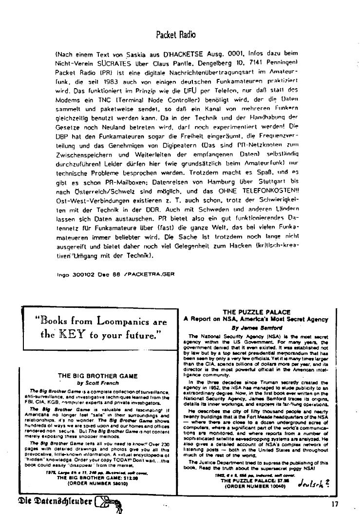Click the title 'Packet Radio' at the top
coord(176,34)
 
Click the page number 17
coord(334,504)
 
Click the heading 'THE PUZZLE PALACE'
coord(256,312)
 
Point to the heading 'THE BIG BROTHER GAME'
coord(97,376)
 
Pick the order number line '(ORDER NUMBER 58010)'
coord(97,483)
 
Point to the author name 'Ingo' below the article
coord(63,274)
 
